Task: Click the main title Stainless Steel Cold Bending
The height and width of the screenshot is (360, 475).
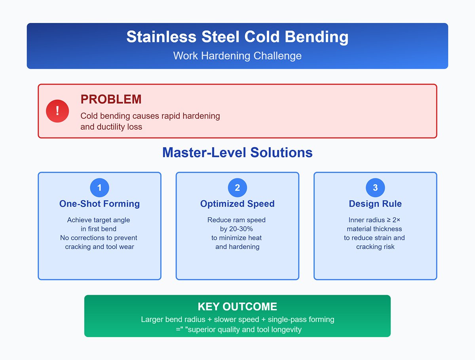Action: pos(237,37)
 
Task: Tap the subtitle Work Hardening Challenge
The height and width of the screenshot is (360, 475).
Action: pos(237,55)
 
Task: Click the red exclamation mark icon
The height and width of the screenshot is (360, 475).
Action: pos(57,111)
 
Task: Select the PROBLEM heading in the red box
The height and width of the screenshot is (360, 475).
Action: pos(111,99)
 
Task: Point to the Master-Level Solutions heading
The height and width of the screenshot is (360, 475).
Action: pos(237,153)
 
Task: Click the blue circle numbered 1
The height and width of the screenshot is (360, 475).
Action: pos(99,188)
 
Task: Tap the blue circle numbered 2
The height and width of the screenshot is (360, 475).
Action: pos(237,188)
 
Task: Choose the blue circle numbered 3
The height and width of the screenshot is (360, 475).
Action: pos(375,188)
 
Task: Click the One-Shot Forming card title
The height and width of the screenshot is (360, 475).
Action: pos(99,204)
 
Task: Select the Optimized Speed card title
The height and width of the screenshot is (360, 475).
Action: pos(237,204)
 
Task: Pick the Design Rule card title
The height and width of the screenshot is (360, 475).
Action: pos(375,204)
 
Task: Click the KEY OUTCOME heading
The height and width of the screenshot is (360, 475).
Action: pos(237,307)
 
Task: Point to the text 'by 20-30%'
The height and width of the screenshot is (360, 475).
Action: pos(237,229)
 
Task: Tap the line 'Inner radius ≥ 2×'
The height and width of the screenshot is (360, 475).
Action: pos(375,220)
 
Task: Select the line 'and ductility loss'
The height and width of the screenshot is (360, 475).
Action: pos(111,127)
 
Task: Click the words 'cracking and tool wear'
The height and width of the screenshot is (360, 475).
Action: pos(99,247)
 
